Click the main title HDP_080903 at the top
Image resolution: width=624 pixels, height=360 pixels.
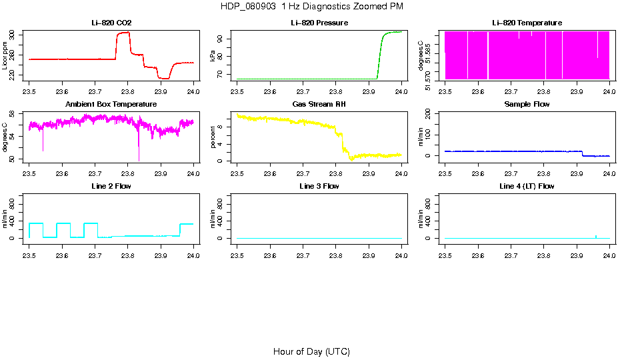coord(311,7)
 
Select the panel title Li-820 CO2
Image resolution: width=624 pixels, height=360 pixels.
coord(111,23)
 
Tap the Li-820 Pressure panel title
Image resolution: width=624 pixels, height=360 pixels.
coord(319,23)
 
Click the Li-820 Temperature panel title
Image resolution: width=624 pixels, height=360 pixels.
coord(527,23)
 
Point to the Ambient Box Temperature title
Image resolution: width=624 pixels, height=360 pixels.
coord(111,105)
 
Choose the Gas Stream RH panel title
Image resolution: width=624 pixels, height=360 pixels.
coord(319,105)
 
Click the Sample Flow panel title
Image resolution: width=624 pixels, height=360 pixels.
coord(527,105)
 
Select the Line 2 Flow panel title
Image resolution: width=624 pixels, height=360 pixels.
coord(111,186)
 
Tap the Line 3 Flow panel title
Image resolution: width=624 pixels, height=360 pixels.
coord(319,186)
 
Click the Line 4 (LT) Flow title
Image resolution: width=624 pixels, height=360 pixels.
coord(527,186)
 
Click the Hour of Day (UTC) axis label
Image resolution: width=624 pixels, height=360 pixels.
coord(311,351)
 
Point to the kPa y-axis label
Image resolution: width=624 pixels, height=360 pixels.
coord(213,56)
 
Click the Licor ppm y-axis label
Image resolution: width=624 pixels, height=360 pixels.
coord(5,56)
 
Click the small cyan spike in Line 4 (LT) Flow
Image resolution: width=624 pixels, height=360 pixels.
coord(595,236)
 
